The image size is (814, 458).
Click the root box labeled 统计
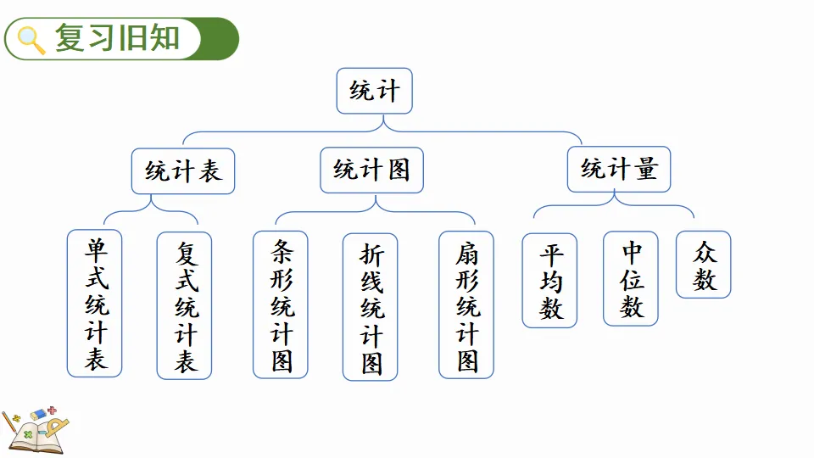[x=374, y=91]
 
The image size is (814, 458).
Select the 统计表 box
[x=183, y=170]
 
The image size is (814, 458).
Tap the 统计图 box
[x=371, y=170]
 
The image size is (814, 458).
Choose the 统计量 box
[x=619, y=169]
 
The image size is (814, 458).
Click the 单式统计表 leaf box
[x=95, y=303]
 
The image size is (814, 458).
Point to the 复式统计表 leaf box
[x=184, y=305]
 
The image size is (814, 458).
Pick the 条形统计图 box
[x=281, y=304]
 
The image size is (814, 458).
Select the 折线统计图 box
[x=371, y=307]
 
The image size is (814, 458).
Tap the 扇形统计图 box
[x=466, y=304]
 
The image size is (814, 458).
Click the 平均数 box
[x=549, y=281]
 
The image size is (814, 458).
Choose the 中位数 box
[x=631, y=279]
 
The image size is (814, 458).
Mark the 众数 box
[x=703, y=265]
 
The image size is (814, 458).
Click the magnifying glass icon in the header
[x=31, y=40]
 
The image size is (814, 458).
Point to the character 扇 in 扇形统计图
[x=466, y=252]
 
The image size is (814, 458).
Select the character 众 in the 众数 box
[x=704, y=252]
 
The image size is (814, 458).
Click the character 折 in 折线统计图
[x=371, y=254]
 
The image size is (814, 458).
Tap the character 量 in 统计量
[x=644, y=169]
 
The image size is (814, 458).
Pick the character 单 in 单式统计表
[x=95, y=249]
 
